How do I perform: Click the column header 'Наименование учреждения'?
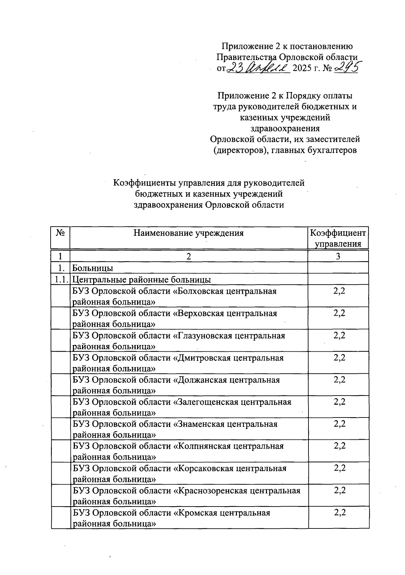point(188,233)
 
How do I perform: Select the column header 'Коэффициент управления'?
point(338,238)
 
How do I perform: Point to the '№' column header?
point(60,233)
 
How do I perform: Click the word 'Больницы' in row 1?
point(93,268)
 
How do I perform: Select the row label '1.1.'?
point(60,280)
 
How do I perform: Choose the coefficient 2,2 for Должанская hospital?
point(339,380)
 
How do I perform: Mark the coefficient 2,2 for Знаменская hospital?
point(339,424)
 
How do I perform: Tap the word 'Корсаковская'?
point(204,468)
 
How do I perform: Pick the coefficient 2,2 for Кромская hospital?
point(339,513)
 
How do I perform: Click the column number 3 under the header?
point(338,256)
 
